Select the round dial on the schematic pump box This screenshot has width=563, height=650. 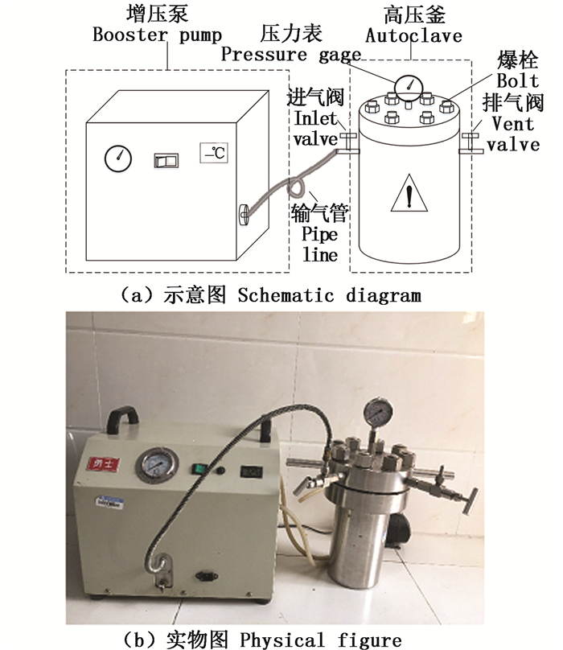tap(117, 158)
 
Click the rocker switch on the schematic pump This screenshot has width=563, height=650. tap(166, 159)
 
